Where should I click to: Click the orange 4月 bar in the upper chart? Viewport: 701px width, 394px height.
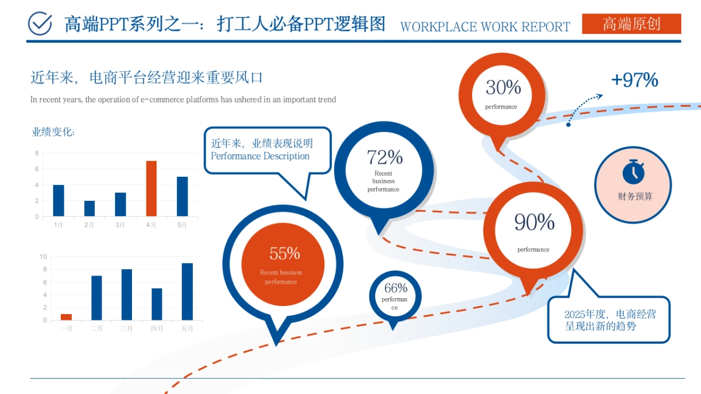[151, 189]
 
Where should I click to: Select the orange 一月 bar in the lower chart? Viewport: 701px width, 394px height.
[66, 317]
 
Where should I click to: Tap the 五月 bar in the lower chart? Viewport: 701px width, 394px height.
[187, 291]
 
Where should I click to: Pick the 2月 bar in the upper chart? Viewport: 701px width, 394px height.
[89, 208]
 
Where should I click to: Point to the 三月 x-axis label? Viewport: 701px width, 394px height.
[126, 329]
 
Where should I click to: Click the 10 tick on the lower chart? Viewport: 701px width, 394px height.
[43, 256]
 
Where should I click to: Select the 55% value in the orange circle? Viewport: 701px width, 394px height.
[284, 253]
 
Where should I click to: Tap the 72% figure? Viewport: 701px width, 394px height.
[384, 157]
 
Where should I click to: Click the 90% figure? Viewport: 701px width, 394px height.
[534, 222]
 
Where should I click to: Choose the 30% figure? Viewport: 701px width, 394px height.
[503, 88]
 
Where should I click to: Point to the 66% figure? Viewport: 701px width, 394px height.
[395, 288]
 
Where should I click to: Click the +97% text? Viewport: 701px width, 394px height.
[634, 80]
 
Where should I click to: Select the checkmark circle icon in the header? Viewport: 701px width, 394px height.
[40, 23]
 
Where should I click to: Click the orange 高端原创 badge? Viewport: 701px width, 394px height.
[631, 24]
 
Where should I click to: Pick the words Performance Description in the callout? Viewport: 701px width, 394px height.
[260, 156]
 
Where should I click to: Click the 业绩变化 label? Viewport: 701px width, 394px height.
[53, 132]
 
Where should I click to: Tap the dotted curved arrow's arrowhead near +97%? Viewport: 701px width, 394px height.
[599, 95]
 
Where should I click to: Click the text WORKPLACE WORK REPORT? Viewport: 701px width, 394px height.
[485, 27]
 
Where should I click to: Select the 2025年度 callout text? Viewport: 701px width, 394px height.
[609, 320]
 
